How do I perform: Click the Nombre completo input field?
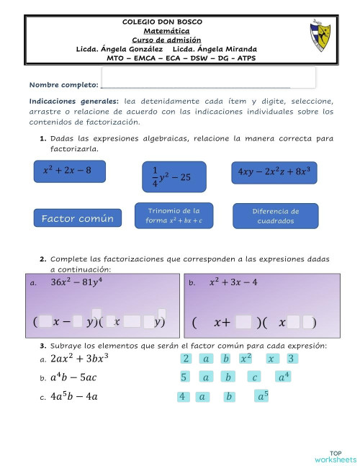(208, 77)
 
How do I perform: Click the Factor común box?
(77, 218)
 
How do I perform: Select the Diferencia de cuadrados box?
(276, 216)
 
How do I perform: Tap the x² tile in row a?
(246, 358)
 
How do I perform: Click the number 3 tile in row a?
(291, 358)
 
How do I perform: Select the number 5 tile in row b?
(184, 377)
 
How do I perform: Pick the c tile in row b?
(253, 377)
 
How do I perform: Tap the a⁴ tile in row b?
(284, 377)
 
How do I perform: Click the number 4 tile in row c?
(182, 396)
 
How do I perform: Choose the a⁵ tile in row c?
(262, 395)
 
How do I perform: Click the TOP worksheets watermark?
(335, 455)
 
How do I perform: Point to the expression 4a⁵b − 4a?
(74, 396)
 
